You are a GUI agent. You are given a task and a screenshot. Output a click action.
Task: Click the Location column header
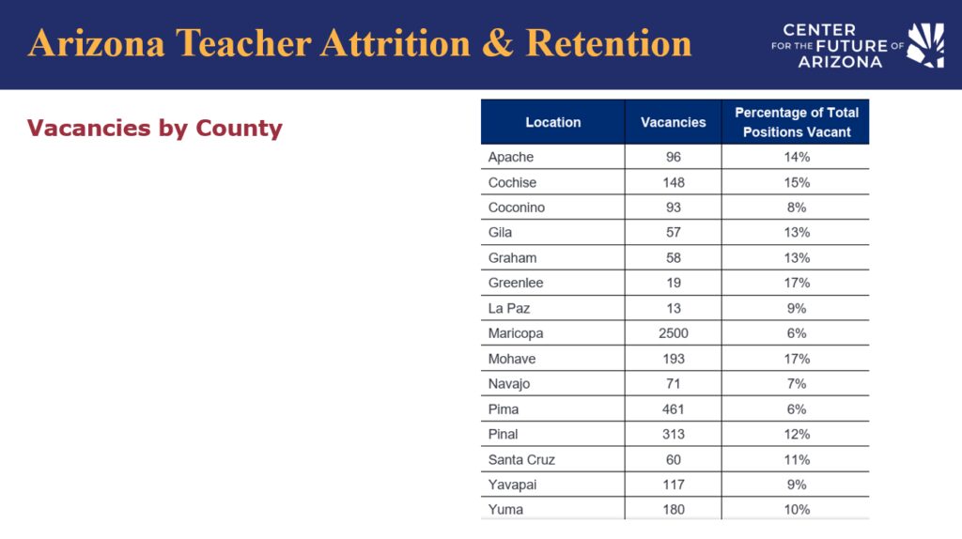coord(552,122)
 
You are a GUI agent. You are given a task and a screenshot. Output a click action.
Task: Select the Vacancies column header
coord(673,122)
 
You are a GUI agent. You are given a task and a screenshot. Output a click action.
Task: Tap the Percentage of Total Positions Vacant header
coord(797,122)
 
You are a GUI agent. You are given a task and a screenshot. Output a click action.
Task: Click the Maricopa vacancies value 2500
coord(673,333)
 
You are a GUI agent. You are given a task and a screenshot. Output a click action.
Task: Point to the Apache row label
coord(510,157)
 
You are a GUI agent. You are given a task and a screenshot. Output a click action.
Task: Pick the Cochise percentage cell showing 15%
coord(797,183)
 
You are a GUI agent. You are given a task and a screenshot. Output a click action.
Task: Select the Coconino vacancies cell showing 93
coord(673,208)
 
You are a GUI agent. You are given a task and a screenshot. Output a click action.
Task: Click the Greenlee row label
coord(516,284)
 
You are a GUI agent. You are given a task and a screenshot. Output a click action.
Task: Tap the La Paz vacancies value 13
coord(673,308)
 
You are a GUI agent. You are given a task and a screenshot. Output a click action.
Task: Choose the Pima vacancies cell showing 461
coord(673,409)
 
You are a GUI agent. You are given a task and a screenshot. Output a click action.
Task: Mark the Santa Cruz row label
coord(521,460)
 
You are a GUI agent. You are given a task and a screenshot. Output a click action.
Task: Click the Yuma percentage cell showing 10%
coord(797,510)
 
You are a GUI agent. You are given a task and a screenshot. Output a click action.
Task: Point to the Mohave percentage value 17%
coord(797,359)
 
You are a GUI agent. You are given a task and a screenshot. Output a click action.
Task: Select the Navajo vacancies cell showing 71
coord(673,384)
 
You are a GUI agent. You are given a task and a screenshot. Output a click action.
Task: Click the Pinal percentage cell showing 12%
coord(797,434)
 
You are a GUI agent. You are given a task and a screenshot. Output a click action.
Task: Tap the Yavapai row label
coord(512,485)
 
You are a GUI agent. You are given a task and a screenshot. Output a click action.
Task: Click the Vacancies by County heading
coord(155,128)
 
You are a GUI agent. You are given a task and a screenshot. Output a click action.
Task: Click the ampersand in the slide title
coord(498,43)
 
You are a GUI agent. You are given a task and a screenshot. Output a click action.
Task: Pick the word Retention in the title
coord(609,43)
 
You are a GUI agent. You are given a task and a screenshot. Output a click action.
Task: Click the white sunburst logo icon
coord(925,45)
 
